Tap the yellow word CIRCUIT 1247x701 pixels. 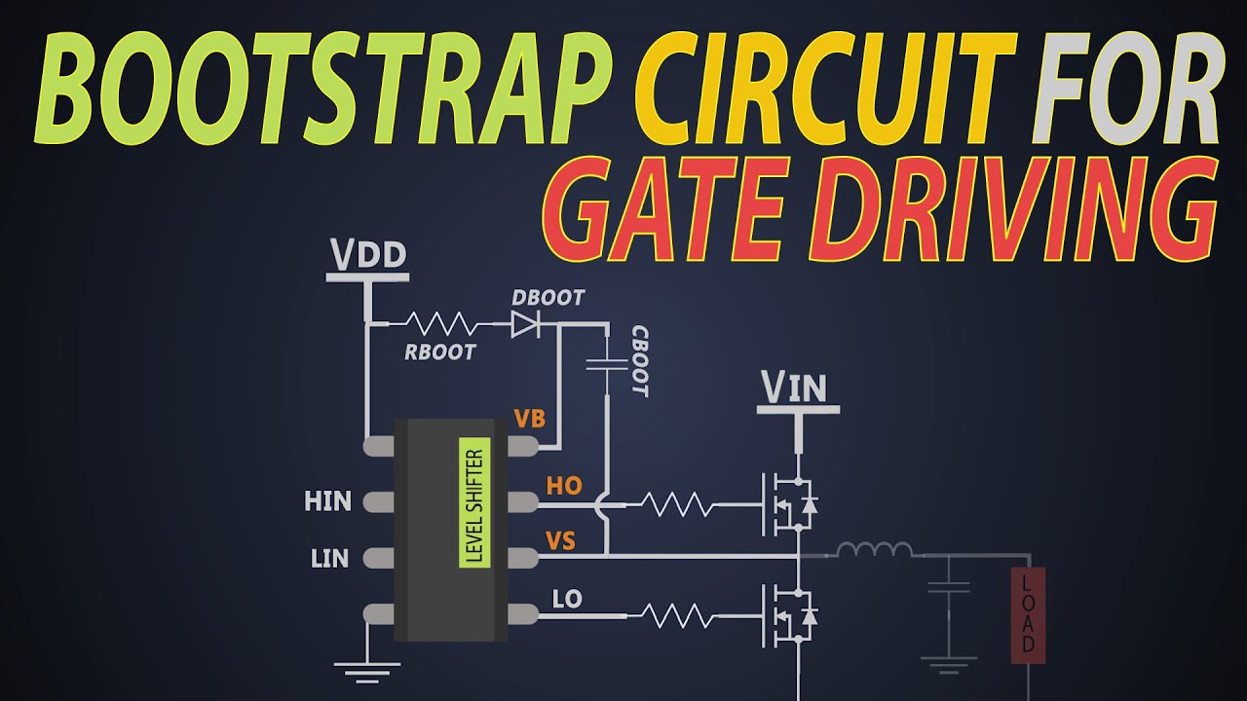point(825,88)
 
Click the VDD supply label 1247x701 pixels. point(368,254)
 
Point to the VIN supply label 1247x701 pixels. point(794,387)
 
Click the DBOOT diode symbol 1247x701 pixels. point(526,324)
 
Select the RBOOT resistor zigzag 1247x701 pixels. point(442,323)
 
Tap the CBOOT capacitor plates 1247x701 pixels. point(607,364)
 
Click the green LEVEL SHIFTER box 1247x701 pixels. point(474,502)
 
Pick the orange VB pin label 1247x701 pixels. point(529,419)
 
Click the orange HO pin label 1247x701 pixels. point(564,486)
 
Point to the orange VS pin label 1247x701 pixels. point(560,541)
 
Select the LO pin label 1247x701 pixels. point(567,599)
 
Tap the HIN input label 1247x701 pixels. point(328,501)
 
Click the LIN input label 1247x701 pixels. point(329,559)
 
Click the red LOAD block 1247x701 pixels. point(1028,615)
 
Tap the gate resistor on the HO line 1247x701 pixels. point(677,504)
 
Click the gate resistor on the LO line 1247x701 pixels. point(677,616)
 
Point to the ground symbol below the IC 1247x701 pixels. point(367,672)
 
